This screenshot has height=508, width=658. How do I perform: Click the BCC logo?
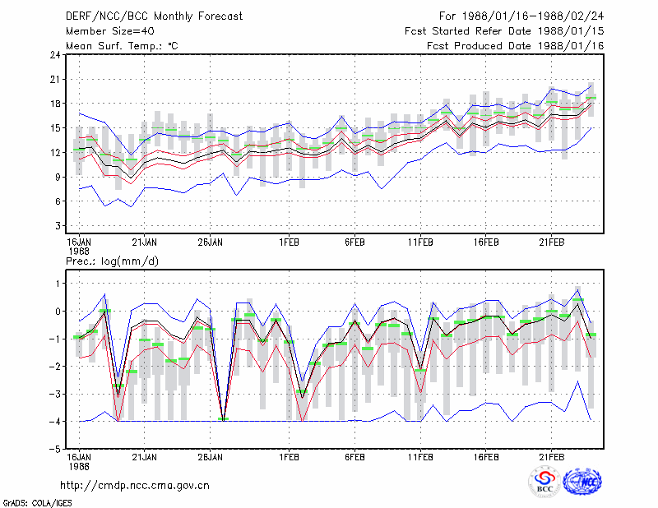click(x=544, y=482)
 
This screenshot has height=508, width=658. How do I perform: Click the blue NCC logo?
click(x=582, y=482)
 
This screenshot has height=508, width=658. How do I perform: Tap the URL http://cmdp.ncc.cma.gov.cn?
click(x=135, y=485)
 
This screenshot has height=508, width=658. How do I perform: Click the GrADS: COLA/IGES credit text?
click(x=37, y=502)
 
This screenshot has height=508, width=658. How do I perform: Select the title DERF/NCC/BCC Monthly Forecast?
click(x=154, y=16)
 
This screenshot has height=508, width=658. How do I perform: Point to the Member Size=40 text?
click(x=110, y=31)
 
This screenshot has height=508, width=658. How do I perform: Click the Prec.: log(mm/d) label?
click(x=112, y=261)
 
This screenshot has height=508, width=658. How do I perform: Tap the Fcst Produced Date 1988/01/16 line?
click(x=516, y=46)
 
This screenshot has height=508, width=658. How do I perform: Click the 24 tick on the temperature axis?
click(x=55, y=55)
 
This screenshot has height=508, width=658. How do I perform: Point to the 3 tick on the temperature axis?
click(x=58, y=226)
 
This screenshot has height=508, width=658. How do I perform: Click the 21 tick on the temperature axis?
click(x=55, y=79)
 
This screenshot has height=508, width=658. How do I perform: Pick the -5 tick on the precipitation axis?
click(x=55, y=449)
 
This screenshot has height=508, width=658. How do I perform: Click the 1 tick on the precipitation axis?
click(x=58, y=284)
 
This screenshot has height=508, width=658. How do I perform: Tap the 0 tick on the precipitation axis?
click(x=58, y=312)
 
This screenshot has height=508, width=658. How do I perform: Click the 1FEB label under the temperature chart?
click(x=289, y=242)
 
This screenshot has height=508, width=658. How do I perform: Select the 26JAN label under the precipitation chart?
click(x=211, y=457)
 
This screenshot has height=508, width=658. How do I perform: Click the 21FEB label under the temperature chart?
click(x=551, y=242)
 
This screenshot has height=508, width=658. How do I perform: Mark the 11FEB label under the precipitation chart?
click(x=420, y=457)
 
